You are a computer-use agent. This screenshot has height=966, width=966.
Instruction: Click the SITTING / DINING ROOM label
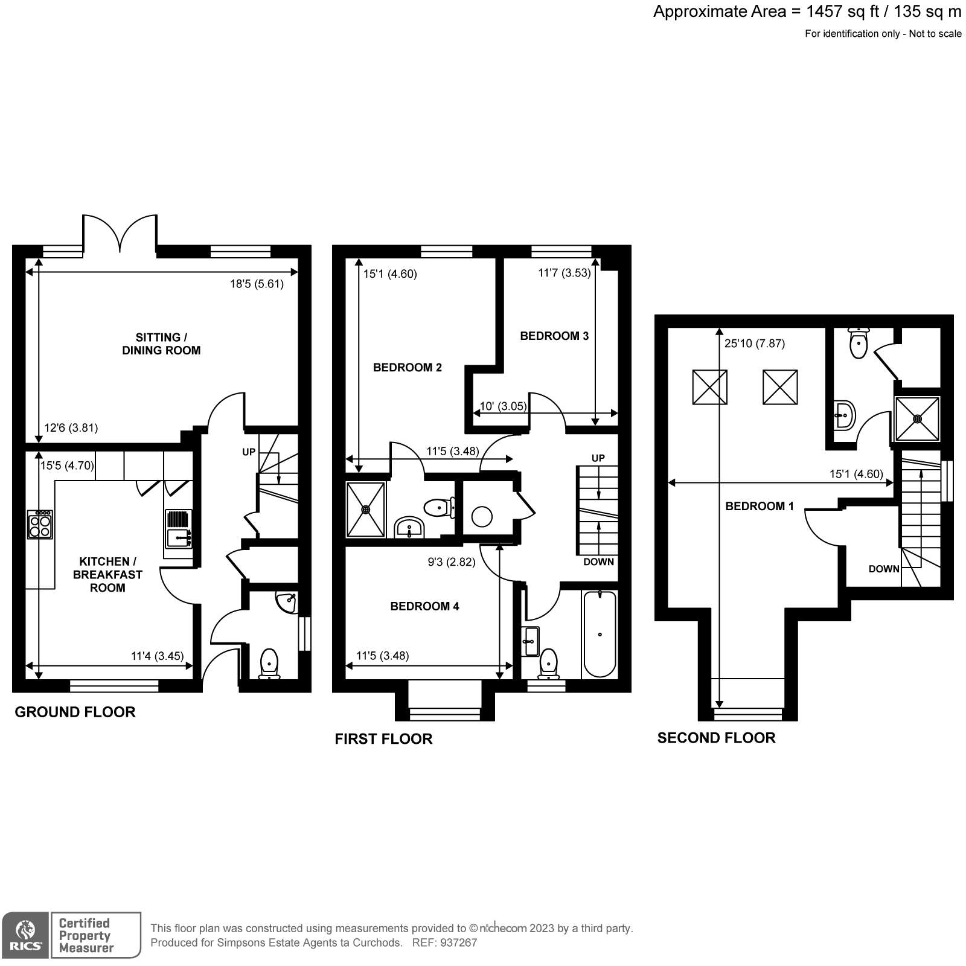coord(161,344)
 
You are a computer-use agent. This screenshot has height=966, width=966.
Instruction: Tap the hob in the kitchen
coord(40,525)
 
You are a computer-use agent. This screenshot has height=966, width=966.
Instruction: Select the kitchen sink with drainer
coord(178,529)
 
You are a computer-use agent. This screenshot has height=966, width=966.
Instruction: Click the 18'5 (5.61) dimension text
coord(257,284)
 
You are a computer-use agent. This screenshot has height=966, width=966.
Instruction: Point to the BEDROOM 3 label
coord(554,336)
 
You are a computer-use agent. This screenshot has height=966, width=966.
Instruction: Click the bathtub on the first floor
coord(600,634)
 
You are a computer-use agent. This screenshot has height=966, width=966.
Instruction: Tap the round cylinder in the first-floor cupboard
coord(482,517)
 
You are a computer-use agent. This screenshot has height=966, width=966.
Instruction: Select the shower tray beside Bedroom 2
coord(365,509)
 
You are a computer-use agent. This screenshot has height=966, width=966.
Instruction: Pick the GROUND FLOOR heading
coord(75,712)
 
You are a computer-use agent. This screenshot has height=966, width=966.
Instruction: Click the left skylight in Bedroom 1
coord(709,387)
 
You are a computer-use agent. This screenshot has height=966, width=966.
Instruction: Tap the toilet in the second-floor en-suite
coord(858,344)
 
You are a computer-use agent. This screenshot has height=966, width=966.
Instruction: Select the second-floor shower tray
coord(917,418)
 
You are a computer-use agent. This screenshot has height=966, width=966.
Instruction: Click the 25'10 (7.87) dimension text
coord(754,344)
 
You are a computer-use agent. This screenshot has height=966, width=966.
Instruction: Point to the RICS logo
coord(25,935)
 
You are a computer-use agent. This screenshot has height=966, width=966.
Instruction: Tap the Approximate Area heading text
coord(807,11)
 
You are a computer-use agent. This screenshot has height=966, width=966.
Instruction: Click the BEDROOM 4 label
coord(424,606)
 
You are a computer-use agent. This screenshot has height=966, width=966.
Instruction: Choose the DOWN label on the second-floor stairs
coord(884,569)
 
